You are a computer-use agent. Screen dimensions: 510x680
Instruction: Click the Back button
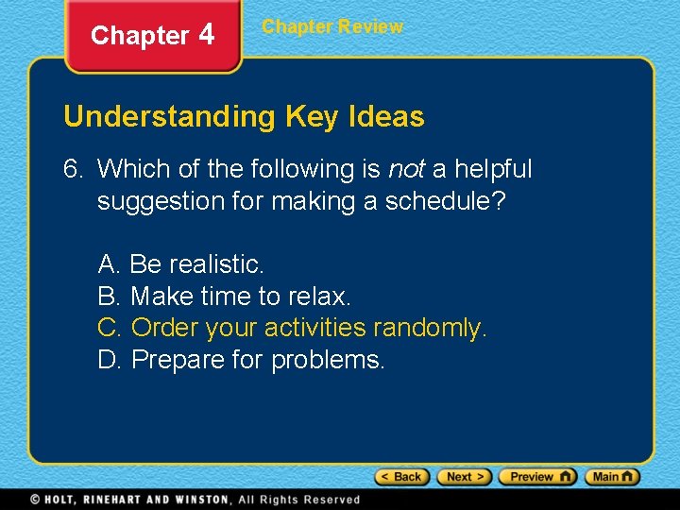pyautogui.click(x=402, y=477)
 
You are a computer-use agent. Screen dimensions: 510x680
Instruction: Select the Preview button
pyautogui.click(x=537, y=477)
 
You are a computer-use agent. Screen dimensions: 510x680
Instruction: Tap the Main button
pyautogui.click(x=612, y=477)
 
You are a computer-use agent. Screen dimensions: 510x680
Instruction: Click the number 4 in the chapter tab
pyautogui.click(x=207, y=35)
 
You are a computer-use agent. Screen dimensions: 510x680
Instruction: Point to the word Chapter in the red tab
pyautogui.click(x=140, y=36)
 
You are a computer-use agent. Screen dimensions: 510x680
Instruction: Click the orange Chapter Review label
pyautogui.click(x=332, y=27)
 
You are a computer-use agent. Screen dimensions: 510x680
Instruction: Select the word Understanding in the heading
pyautogui.click(x=168, y=117)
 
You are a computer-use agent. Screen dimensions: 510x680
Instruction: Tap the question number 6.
pyautogui.click(x=72, y=169)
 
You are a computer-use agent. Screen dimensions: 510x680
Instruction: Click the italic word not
pyautogui.click(x=406, y=169)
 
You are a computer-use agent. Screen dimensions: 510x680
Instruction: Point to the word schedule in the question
pyautogui.click(x=445, y=201)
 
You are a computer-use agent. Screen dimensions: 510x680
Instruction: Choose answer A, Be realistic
pyautogui.click(x=181, y=263)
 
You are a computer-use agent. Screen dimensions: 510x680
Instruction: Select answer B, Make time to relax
pyautogui.click(x=225, y=296)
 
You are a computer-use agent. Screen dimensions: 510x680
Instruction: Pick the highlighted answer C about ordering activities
pyautogui.click(x=293, y=328)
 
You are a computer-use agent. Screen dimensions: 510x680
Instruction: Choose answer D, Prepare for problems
pyautogui.click(x=242, y=360)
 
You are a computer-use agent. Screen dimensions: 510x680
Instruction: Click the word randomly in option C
pyautogui.click(x=431, y=328)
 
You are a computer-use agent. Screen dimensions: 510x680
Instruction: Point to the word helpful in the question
pyautogui.click(x=495, y=169)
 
